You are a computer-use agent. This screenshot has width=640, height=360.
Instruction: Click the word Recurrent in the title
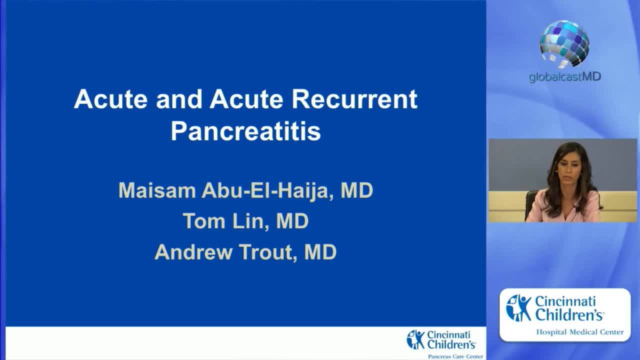coord(354,99)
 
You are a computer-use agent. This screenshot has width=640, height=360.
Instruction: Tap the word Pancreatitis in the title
coord(245,131)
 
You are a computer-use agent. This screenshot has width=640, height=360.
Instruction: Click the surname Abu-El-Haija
coord(266,190)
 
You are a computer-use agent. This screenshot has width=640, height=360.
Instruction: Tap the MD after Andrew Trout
coord(320,251)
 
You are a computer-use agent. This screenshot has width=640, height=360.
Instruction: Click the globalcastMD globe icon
coord(564,43)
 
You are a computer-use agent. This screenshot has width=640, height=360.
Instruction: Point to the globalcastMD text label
coord(564,77)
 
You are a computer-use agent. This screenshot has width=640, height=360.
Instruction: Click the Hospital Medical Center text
coord(579,332)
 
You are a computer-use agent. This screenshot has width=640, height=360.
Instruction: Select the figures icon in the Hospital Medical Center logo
coord(518,308)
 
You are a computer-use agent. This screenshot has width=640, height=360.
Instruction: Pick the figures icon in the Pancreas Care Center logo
coord(415,339)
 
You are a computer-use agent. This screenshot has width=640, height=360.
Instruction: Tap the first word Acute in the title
coord(110,99)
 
